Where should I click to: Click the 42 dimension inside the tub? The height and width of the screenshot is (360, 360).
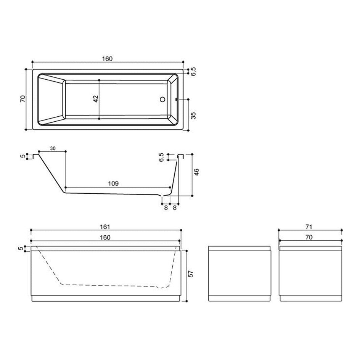click(96, 99)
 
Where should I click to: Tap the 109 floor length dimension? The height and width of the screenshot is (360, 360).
click(113, 183)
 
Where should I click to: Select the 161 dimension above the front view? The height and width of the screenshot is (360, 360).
click(105, 227)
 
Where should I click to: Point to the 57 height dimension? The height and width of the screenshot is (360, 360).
click(191, 274)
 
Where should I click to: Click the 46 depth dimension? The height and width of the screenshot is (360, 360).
click(196, 172)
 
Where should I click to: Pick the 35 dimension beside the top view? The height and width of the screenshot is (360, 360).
click(194, 115)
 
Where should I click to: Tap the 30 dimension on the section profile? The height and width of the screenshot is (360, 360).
click(53, 149)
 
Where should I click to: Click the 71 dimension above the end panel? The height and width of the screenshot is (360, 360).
click(309, 227)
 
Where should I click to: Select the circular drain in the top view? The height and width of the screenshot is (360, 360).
click(162, 100)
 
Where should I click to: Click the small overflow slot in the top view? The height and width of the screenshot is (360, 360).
click(176, 100)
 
